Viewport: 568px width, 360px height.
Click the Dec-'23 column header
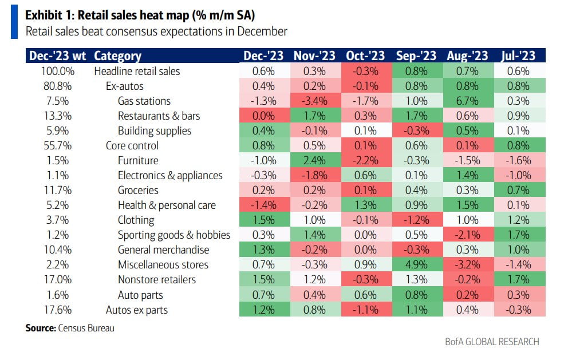click(x=263, y=56)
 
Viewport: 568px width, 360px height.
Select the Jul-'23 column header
click(x=519, y=56)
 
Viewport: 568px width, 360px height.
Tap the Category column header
click(x=117, y=56)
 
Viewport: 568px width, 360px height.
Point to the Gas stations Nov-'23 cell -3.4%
click(x=314, y=101)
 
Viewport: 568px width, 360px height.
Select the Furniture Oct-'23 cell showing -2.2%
click(x=365, y=160)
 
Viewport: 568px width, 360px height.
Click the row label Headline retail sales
click(x=137, y=71)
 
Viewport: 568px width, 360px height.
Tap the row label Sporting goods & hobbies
click(x=174, y=235)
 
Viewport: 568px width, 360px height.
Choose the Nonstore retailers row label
click(x=157, y=279)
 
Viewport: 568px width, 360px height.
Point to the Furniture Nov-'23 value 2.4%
click(x=314, y=160)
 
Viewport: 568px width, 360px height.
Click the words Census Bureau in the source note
click(x=85, y=329)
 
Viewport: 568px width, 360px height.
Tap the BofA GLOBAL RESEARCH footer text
click(x=492, y=342)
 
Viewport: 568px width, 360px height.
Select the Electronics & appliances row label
click(x=170, y=175)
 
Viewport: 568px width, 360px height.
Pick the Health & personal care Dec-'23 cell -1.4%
click(x=263, y=205)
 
